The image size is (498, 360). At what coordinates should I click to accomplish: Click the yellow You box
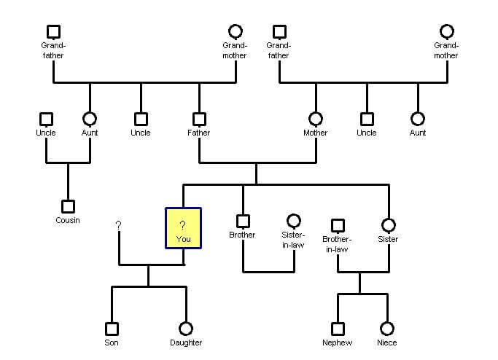point(183,228)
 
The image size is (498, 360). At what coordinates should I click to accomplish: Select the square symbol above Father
point(199,119)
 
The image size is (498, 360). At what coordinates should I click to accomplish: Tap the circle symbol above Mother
point(316,119)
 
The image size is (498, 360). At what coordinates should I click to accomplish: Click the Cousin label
point(68,220)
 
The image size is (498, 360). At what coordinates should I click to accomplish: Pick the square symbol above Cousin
point(68,206)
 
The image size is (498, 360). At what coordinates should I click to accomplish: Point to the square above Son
point(112,329)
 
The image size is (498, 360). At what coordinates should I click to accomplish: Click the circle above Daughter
point(186,329)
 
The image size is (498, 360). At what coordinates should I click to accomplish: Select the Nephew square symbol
point(338,329)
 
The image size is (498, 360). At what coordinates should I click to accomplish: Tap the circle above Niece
point(387,329)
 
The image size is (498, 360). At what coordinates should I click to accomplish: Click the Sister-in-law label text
point(293,240)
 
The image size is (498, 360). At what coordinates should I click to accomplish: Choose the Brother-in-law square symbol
point(338,226)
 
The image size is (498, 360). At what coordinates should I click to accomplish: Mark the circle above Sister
point(389,225)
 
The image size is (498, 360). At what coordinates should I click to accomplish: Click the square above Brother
point(243,221)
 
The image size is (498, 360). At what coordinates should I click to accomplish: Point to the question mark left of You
point(118,226)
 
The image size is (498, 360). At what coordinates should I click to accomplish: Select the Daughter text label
point(186,343)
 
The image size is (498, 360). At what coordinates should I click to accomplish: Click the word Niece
point(387,343)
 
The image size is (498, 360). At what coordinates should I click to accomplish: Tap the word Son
point(112,343)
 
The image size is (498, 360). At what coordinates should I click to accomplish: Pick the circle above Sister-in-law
point(294,220)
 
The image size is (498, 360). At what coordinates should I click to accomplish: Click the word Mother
point(316,133)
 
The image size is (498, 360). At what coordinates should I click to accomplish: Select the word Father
point(199,133)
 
